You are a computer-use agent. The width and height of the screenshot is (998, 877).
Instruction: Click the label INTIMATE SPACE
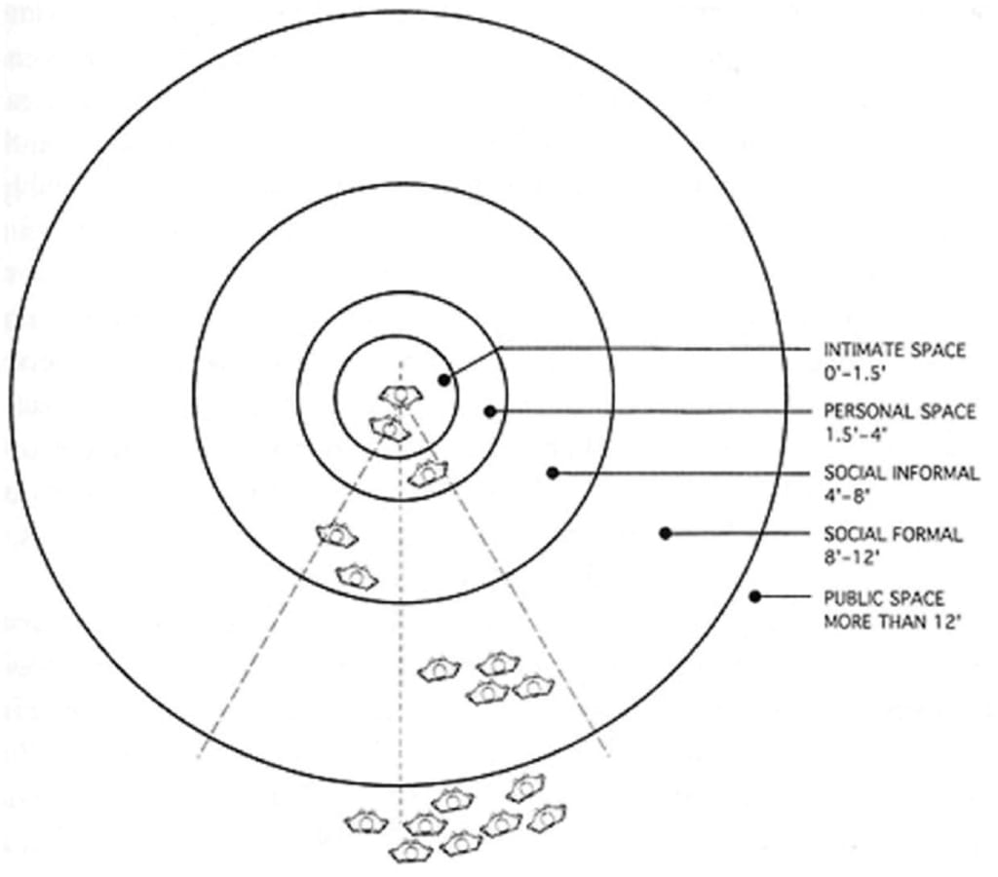(895, 350)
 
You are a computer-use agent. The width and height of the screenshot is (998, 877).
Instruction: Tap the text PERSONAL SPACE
(899, 411)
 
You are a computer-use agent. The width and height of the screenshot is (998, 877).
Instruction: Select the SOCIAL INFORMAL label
(901, 473)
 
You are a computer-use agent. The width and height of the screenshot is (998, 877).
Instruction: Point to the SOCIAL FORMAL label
(893, 534)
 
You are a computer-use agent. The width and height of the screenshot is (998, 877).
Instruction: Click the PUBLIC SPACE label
(884, 597)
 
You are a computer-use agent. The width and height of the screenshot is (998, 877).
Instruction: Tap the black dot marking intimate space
(443, 379)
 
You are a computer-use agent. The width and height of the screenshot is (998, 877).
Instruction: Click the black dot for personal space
(491, 411)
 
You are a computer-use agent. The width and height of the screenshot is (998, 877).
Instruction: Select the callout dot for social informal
(553, 473)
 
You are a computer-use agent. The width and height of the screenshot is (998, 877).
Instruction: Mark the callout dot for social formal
(665, 533)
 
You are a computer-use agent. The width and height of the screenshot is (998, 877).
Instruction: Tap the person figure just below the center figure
(390, 428)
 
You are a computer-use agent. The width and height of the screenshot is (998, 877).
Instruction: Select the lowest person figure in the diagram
(410, 852)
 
